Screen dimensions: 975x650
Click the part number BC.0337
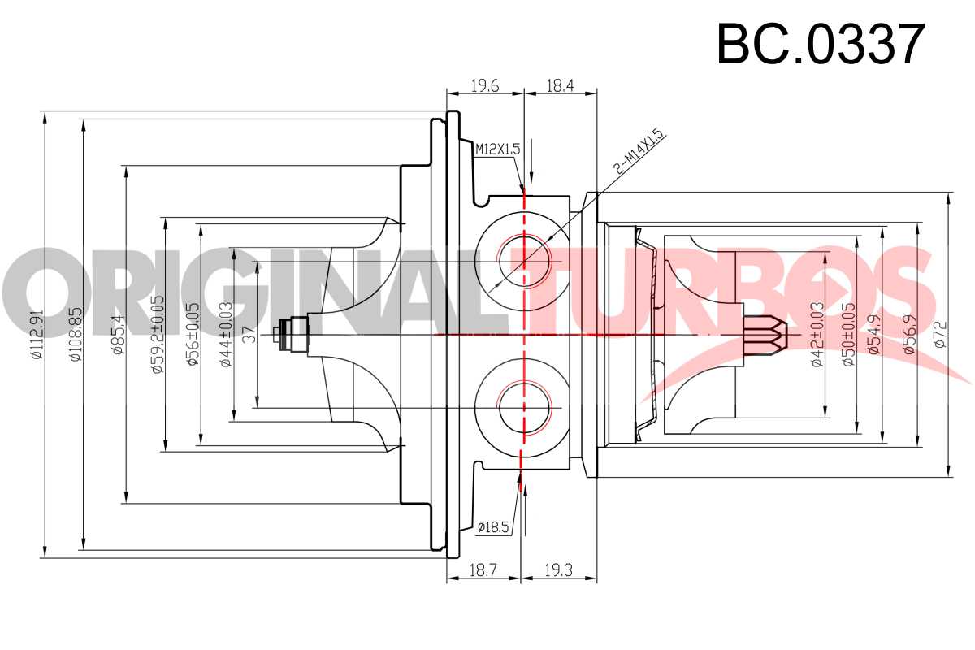tap(821, 44)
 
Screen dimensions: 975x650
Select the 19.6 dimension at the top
tap(485, 86)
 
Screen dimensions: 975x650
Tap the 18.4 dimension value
tap(560, 86)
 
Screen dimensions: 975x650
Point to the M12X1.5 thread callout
tap(497, 149)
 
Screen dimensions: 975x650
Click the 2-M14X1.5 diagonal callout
tap(640, 150)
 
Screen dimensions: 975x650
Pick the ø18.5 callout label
tap(492, 527)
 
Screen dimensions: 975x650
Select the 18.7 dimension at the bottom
tap(483, 570)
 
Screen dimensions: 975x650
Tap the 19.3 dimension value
tap(558, 570)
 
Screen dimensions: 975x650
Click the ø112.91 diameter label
tap(37, 335)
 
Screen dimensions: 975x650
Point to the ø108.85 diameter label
tap(76, 335)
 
